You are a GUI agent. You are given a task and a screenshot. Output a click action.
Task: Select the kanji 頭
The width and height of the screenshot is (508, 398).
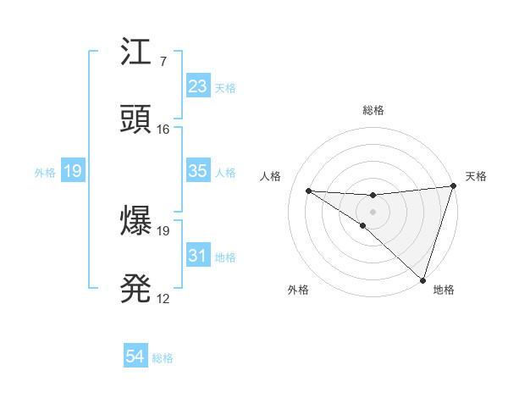click(x=136, y=120)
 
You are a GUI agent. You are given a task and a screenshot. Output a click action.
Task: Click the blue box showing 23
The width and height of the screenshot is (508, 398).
click(x=197, y=86)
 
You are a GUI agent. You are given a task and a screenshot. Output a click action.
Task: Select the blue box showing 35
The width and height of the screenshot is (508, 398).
click(x=197, y=171)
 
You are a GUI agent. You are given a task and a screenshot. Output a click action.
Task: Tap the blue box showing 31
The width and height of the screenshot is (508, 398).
click(x=197, y=256)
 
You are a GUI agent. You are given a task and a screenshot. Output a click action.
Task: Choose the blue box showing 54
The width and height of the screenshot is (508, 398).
click(x=135, y=357)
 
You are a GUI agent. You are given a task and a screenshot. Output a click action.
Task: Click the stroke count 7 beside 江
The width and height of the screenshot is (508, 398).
click(x=163, y=61)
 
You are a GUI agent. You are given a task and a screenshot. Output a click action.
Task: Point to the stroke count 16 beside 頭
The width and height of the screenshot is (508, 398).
click(x=163, y=130)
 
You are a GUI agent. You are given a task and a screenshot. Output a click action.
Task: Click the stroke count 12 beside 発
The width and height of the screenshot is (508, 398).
click(x=163, y=299)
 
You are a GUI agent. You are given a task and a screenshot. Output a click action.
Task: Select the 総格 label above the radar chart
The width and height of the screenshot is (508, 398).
click(x=373, y=110)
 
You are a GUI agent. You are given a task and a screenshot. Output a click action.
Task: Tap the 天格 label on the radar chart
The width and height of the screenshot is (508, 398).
click(x=476, y=176)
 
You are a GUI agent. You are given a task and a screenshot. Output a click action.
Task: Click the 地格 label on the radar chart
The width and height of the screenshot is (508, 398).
click(x=444, y=290)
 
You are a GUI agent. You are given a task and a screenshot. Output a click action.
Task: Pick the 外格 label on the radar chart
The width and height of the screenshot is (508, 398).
click(x=298, y=290)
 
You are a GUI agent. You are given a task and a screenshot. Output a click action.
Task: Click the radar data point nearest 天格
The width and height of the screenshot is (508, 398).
click(x=453, y=185)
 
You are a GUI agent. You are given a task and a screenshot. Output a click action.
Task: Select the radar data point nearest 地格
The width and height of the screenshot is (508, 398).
click(x=422, y=279)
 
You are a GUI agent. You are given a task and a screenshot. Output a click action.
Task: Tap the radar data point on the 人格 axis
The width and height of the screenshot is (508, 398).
click(x=308, y=191)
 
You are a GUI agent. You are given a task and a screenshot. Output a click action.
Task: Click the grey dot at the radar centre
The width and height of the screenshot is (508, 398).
click(x=373, y=211)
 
